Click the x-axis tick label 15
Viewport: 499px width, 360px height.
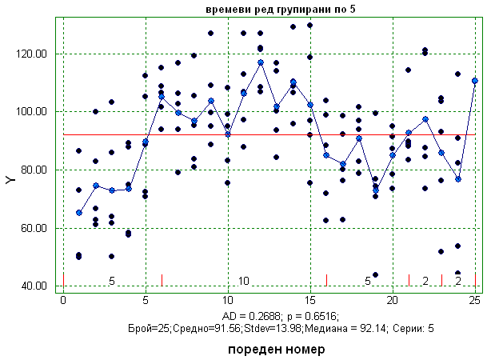(309, 300)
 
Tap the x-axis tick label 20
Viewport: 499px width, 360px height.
(392, 300)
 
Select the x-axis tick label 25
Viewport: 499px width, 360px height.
(475, 300)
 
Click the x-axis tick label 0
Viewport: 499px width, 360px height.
(63, 300)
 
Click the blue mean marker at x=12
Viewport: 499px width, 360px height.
(261, 62)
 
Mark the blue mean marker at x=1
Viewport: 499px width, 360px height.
(79, 213)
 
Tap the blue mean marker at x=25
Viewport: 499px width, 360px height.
(475, 81)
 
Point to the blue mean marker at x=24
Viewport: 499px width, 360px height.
(458, 178)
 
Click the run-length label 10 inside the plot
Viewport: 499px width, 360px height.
(244, 281)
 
